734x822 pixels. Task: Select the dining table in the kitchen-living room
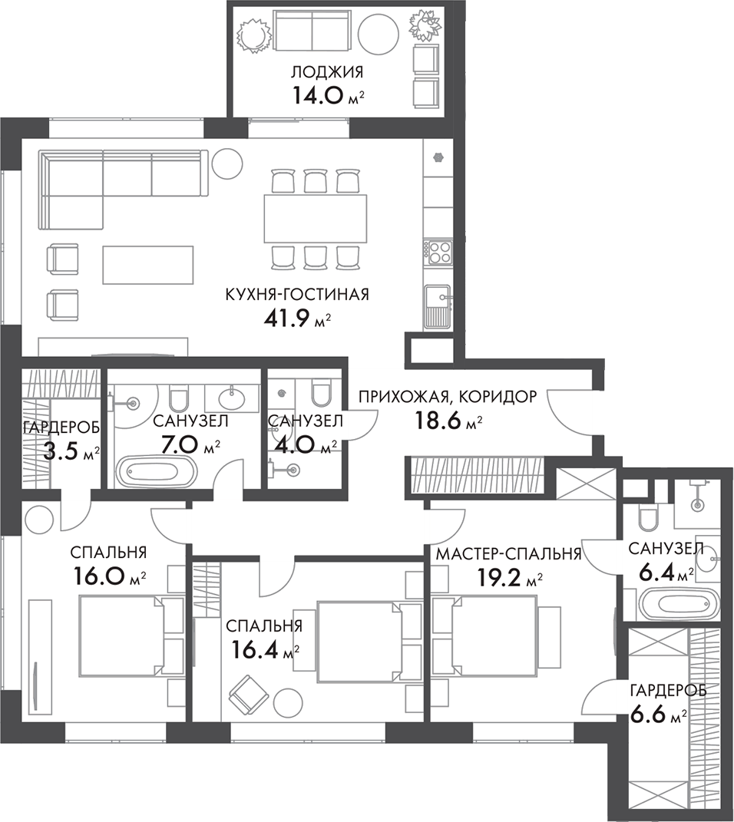[315, 219]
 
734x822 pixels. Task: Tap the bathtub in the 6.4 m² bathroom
[670, 602]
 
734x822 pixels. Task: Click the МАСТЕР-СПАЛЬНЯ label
[508, 553]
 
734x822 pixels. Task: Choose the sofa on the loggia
[311, 31]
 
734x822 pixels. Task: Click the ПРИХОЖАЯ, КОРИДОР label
[448, 397]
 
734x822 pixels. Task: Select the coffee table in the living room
[147, 264]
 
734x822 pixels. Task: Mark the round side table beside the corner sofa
[227, 162]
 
